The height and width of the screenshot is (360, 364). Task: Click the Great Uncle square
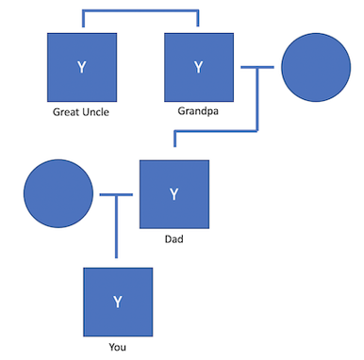point(82,67)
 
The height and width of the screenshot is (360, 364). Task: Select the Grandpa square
point(198,67)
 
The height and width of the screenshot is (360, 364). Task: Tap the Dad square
point(174,194)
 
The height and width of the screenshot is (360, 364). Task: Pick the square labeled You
point(118,302)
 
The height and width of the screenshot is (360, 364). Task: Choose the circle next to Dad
point(58,194)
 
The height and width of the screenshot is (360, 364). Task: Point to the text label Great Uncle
point(81,113)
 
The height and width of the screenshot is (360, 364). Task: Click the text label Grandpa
point(198,112)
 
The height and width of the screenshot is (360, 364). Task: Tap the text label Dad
point(174,239)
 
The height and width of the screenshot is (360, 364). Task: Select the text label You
point(117,347)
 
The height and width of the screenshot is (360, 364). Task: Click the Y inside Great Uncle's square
point(82,67)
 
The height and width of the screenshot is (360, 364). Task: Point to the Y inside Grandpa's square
point(198,67)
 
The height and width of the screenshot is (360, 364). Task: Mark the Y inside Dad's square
point(174,194)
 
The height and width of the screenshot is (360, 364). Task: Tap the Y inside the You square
point(118,302)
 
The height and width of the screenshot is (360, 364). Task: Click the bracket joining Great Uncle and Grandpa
point(140,12)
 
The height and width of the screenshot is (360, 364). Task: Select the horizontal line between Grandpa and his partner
point(256,68)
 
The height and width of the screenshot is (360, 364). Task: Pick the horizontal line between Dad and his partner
point(116,195)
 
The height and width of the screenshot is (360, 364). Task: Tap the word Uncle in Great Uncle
point(94,113)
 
